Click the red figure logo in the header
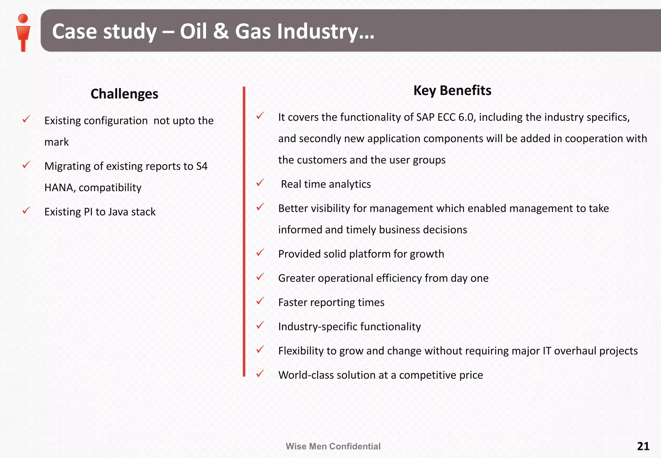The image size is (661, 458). click(x=23, y=32)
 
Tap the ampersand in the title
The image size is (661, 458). click(x=221, y=32)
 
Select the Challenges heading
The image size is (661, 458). click(x=124, y=94)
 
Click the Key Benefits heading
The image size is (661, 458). click(x=452, y=90)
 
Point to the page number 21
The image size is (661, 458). click(x=643, y=446)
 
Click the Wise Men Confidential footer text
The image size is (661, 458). click(x=333, y=446)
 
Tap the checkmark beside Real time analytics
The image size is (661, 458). click(x=260, y=183)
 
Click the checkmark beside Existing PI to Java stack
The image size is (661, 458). click(x=26, y=211)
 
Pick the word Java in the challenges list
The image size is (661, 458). click(x=118, y=212)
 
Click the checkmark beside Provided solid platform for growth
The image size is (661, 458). click(x=260, y=253)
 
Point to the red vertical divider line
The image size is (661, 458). click(x=244, y=231)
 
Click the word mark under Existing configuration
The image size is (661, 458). click(x=56, y=142)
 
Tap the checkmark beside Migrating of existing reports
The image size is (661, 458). click(x=26, y=165)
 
